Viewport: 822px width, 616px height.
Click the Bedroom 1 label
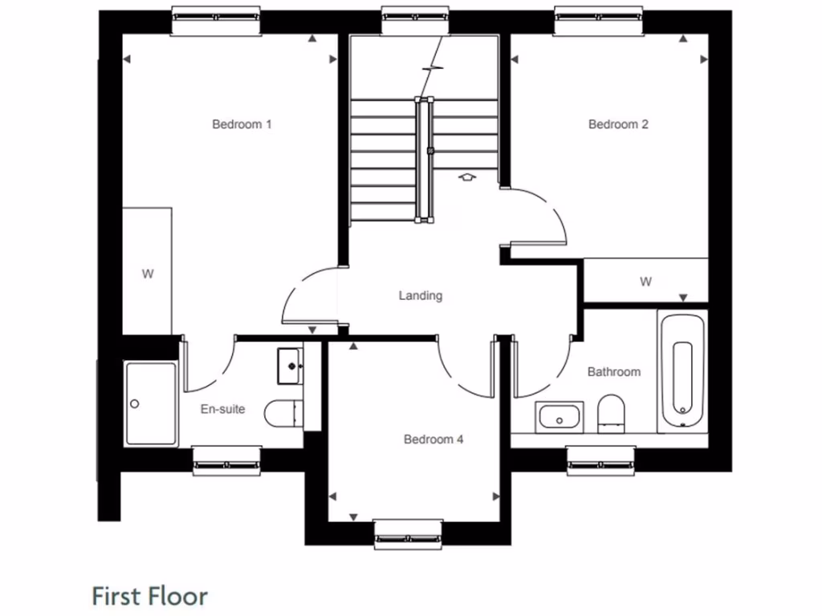click(x=242, y=124)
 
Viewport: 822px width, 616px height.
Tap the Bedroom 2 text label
click(x=618, y=124)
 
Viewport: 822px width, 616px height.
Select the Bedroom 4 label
click(x=433, y=440)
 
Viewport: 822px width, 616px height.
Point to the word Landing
click(x=421, y=296)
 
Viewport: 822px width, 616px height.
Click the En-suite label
click(x=222, y=410)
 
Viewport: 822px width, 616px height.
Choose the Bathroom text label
click(x=614, y=372)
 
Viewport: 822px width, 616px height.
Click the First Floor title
click(x=150, y=597)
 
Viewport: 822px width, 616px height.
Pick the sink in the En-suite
click(x=290, y=366)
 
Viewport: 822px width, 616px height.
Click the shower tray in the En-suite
click(x=150, y=403)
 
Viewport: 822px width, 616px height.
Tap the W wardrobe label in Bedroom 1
click(x=148, y=274)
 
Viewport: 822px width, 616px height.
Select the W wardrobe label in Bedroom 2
click(x=645, y=282)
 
